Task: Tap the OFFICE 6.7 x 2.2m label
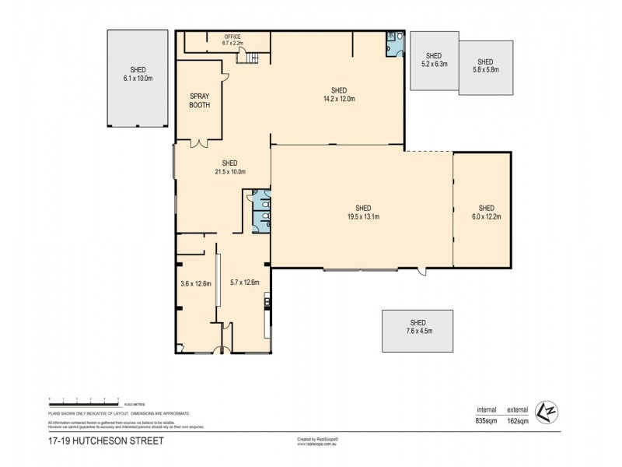pos(232,40)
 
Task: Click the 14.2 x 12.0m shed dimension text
pos(339,99)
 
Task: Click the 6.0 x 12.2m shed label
pos(486,212)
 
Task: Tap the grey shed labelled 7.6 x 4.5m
pos(418,331)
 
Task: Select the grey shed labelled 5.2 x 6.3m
pos(434,61)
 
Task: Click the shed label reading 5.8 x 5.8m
pos(485,66)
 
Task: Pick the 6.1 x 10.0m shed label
pos(137,74)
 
